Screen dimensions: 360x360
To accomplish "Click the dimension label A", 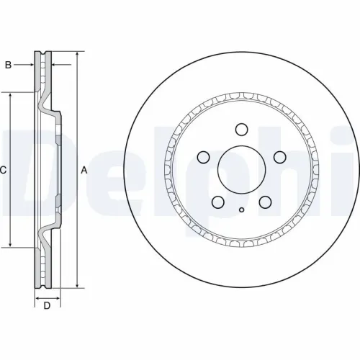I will click(84, 171).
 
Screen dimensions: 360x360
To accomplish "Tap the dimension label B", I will click(8, 66).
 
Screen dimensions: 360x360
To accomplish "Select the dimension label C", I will click(4, 171).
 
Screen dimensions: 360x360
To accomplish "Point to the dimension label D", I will click(47, 307).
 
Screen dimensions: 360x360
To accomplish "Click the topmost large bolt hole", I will click(242, 130).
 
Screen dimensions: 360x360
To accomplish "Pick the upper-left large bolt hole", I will click(203, 157).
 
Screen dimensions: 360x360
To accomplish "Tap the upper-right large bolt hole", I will click(280, 157).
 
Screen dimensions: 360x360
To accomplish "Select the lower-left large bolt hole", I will click(218, 202).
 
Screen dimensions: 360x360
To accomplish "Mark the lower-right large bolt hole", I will click(266, 202).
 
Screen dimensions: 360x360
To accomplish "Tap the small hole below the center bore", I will click(242, 210).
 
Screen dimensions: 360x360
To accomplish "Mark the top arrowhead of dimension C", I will click(11, 95).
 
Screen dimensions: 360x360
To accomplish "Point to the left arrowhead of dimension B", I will click(32, 66).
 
